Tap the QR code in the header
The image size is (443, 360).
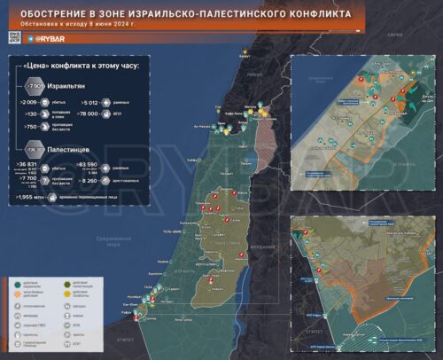pos(13,37)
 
